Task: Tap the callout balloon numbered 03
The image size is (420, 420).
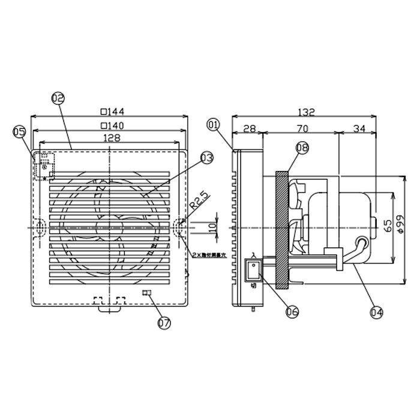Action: (206, 158)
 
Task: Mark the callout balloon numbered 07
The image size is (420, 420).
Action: (163, 323)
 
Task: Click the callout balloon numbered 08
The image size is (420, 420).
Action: (302, 146)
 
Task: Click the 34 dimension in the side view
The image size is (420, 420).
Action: (358, 127)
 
